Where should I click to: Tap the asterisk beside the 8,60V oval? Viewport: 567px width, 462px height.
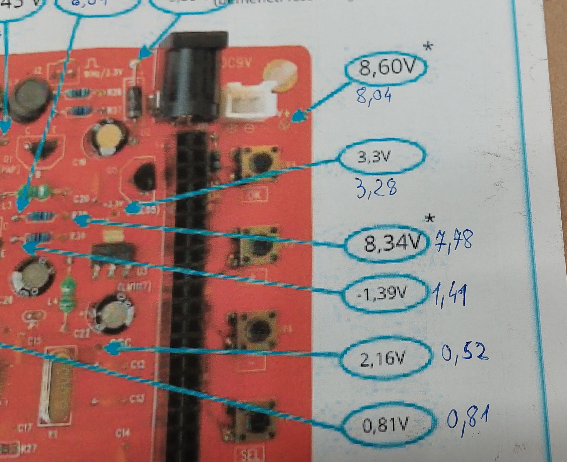pyautogui.click(x=428, y=47)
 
